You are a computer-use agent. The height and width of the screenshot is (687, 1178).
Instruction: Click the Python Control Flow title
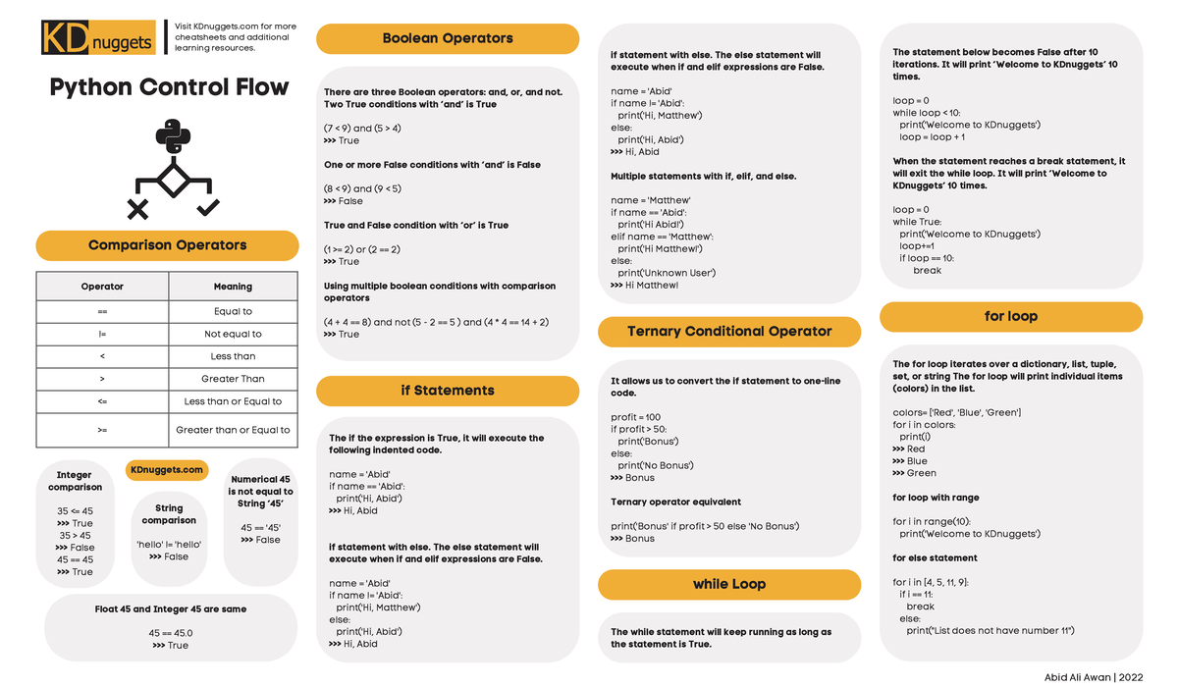pyautogui.click(x=169, y=87)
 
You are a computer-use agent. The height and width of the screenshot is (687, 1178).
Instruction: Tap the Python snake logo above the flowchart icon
pyautogui.click(x=173, y=138)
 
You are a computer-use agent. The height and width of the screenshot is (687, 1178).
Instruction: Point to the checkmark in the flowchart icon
pyautogui.click(x=208, y=207)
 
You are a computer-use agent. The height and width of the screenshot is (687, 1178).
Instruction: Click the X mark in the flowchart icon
pyautogui.click(x=137, y=208)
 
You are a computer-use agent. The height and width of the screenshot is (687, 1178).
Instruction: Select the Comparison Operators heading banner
pyautogui.click(x=167, y=245)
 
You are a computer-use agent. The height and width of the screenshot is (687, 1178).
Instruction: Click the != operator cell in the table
pyautogui.click(x=102, y=334)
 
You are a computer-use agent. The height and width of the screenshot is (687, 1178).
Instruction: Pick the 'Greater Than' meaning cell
pyautogui.click(x=233, y=379)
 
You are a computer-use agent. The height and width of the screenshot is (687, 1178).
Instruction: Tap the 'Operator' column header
pyautogui.click(x=102, y=287)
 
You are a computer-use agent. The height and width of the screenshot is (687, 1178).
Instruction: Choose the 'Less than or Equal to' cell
pyautogui.click(x=233, y=401)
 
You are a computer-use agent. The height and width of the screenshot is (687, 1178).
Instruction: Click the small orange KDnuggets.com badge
pyautogui.click(x=167, y=470)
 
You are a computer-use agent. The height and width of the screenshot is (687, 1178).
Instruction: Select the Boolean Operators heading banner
pyautogui.click(x=447, y=38)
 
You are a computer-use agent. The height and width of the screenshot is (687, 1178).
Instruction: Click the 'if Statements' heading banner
pyautogui.click(x=447, y=391)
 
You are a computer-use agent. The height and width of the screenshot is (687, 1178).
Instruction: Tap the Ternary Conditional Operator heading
pyautogui.click(x=728, y=332)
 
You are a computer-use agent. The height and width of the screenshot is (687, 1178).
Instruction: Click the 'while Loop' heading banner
pyautogui.click(x=728, y=584)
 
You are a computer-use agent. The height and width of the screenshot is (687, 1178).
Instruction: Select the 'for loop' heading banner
pyautogui.click(x=1010, y=317)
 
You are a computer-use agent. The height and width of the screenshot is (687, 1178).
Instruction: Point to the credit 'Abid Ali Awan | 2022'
pyautogui.click(x=1094, y=676)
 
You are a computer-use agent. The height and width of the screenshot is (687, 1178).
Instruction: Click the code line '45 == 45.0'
pyautogui.click(x=171, y=633)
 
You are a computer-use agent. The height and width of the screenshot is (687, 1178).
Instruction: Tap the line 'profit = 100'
pyautogui.click(x=636, y=417)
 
